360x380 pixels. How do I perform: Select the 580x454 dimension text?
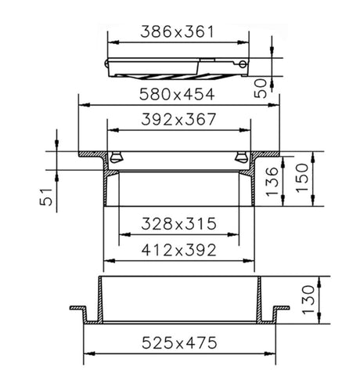point(178,95)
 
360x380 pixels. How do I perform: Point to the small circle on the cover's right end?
point(243,65)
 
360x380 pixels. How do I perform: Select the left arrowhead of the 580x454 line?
point(81,103)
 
